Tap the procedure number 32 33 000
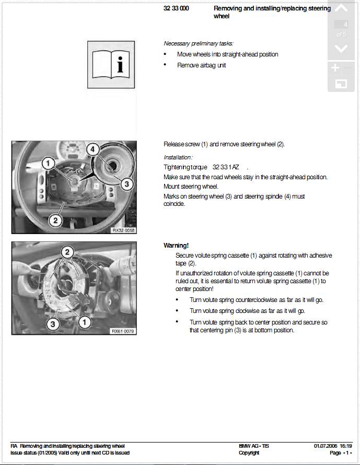click(176, 9)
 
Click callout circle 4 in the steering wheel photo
click(92, 149)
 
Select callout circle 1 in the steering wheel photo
click(48, 163)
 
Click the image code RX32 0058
click(123, 230)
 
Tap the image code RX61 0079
click(123, 331)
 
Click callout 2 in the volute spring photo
click(67, 252)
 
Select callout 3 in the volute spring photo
click(52, 324)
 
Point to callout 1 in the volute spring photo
click(85, 322)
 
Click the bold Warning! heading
click(176, 245)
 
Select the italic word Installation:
click(178, 157)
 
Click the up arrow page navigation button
click(341, 9)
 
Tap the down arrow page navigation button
click(341, 49)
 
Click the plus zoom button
click(335, 68)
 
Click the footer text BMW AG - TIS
click(254, 446)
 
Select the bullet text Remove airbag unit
click(202, 65)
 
